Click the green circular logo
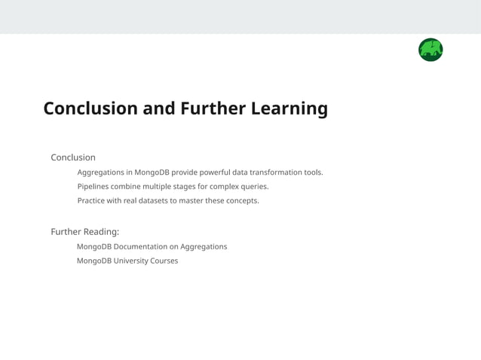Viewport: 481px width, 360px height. click(x=430, y=50)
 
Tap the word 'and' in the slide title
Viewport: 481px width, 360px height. click(x=159, y=108)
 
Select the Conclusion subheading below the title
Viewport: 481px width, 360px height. click(x=73, y=157)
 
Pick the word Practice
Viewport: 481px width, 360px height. click(x=93, y=201)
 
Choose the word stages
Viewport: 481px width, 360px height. click(x=192, y=187)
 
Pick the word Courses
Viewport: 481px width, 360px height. click(x=165, y=261)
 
